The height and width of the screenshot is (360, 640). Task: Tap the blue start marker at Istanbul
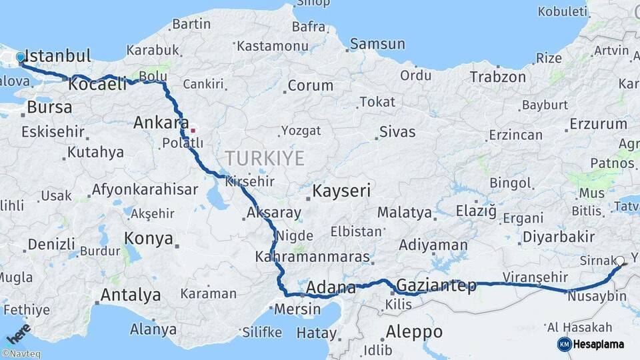click(x=21, y=58)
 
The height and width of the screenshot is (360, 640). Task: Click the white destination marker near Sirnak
click(x=619, y=261)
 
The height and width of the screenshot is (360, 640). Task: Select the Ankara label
click(x=161, y=123)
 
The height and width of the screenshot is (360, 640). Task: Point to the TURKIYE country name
click(x=264, y=159)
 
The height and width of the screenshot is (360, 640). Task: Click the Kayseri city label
click(x=341, y=192)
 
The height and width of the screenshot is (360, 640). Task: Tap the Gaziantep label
click(x=437, y=286)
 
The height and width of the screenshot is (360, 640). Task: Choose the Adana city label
click(x=331, y=289)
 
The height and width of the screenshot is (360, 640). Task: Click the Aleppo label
click(x=414, y=331)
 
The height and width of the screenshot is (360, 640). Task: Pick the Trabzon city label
click(x=497, y=77)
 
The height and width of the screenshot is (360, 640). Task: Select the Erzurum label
click(x=598, y=124)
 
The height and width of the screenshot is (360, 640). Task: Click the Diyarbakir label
click(x=559, y=237)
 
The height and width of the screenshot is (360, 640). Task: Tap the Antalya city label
click(x=130, y=295)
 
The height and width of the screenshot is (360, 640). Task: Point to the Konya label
click(x=148, y=238)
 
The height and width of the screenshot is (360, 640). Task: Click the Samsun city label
click(x=377, y=45)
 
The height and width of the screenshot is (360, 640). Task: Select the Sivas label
click(x=397, y=131)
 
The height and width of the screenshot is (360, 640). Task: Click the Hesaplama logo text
click(x=600, y=344)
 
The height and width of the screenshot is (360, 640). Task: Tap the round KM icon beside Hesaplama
click(x=564, y=344)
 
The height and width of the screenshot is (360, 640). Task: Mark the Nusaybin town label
click(x=597, y=296)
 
